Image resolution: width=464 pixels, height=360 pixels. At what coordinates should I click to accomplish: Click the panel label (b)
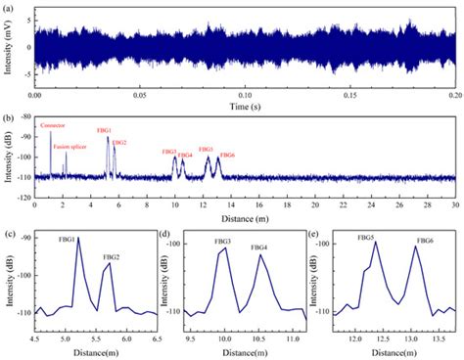[8, 118]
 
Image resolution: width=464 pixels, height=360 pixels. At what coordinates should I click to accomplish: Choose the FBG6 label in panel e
[425, 241]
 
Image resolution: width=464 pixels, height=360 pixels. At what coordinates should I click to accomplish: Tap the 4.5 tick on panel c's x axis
[36, 336]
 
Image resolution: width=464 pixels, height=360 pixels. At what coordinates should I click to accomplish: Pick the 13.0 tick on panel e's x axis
[424, 336]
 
